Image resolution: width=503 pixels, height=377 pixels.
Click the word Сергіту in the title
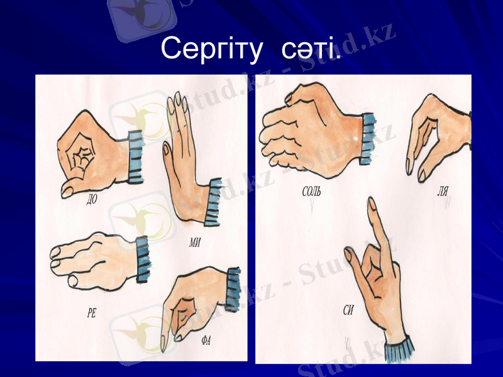[211, 49]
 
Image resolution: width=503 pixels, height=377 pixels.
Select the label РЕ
[92, 312]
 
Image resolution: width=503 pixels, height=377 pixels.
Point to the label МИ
[195, 244]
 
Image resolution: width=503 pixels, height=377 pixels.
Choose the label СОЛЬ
[311, 192]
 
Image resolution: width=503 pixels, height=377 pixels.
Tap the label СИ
[348, 309]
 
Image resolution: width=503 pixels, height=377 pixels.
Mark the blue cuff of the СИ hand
[397, 351]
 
